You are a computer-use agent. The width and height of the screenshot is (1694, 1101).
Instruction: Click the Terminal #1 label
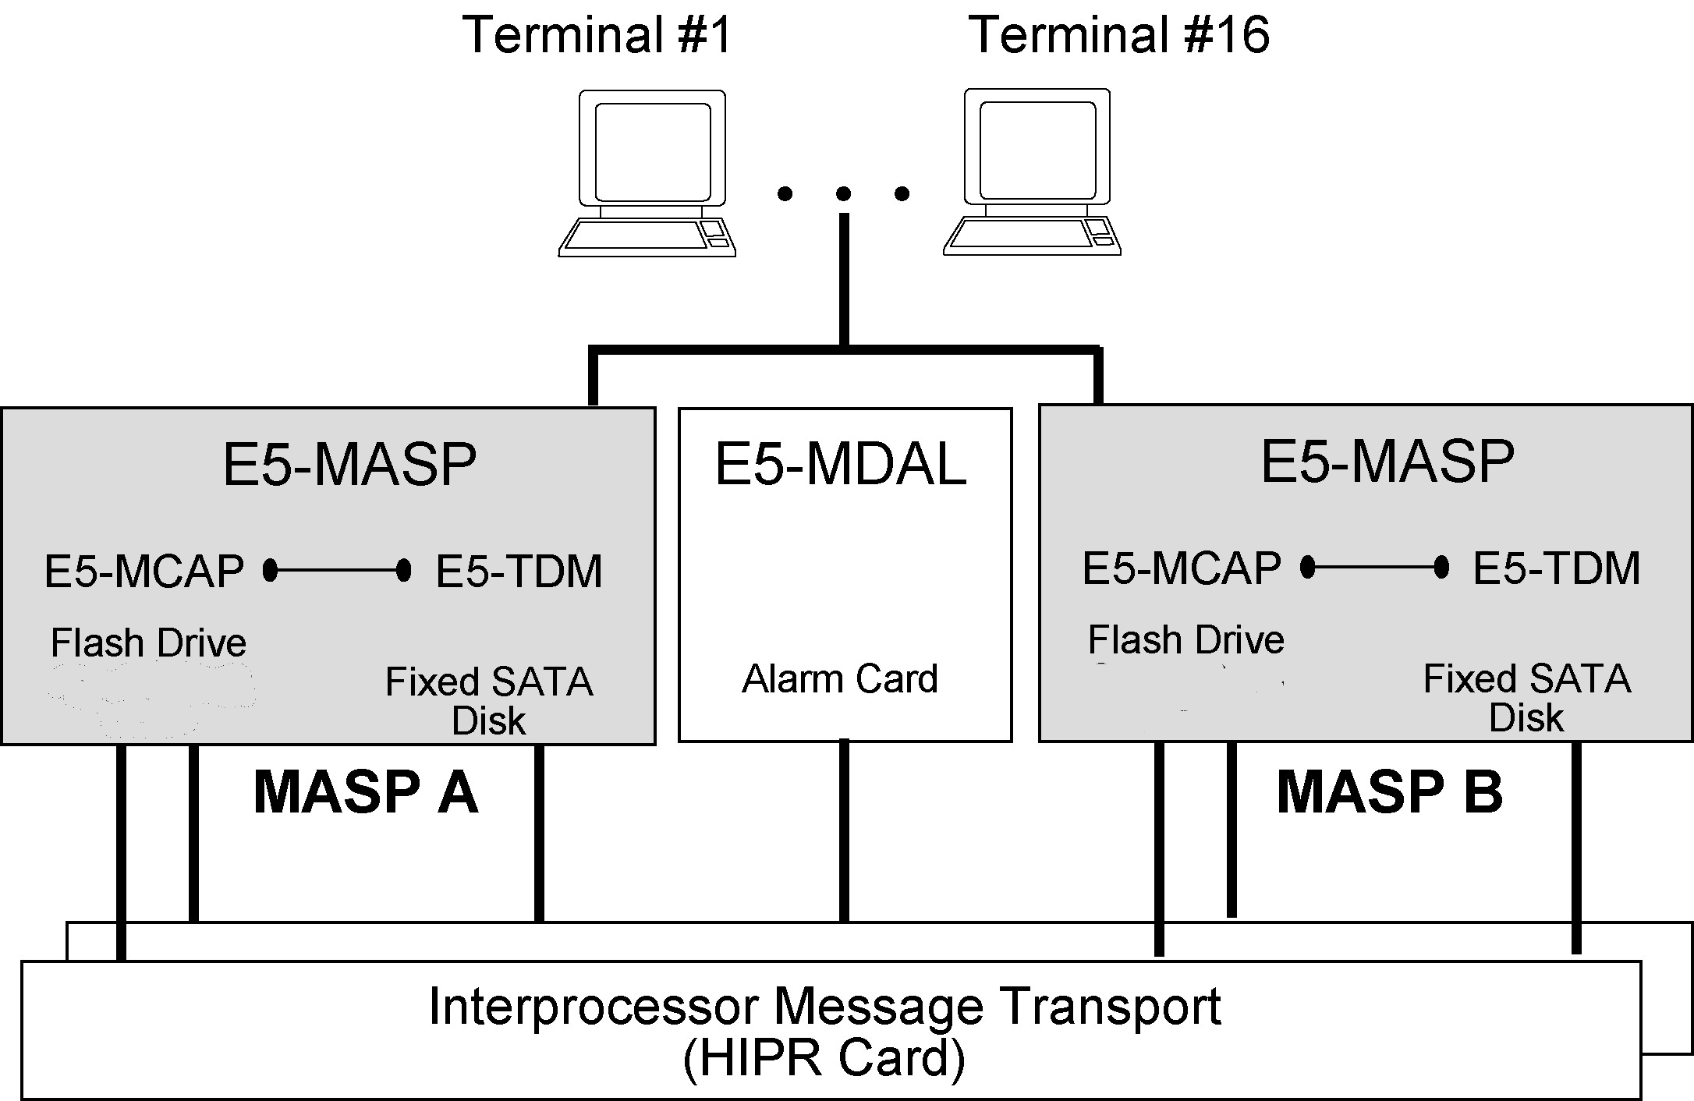pos(596,35)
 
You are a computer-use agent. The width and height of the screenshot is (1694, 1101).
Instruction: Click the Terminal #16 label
pos(1118,35)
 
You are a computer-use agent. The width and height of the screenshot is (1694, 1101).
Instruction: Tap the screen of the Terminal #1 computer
pos(653,151)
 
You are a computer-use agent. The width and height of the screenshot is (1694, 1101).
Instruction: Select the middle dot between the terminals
pos(843,193)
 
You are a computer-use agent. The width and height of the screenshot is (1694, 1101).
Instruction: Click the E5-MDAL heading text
pos(840,465)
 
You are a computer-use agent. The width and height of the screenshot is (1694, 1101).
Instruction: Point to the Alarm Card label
pos(839,678)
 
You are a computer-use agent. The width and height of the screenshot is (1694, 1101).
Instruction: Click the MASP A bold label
pos(365,793)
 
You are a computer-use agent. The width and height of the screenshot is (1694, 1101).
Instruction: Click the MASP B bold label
pos(1389,793)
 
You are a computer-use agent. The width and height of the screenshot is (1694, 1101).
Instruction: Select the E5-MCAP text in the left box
pos(144,571)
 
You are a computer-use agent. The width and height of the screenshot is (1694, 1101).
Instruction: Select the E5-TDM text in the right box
pos(1556,568)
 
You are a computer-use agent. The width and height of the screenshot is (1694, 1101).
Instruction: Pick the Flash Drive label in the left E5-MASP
pos(148,643)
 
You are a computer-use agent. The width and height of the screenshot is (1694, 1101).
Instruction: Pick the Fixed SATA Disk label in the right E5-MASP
pos(1526,697)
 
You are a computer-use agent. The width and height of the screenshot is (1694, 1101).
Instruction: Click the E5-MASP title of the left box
pos(349,465)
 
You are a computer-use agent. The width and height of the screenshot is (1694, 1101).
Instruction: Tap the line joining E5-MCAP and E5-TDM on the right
pos(1374,568)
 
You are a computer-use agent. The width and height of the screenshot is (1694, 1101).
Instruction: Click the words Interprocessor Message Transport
pos(824,1006)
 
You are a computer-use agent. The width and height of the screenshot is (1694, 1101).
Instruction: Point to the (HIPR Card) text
pos(824,1058)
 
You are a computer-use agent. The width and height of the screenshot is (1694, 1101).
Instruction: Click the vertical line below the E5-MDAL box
pos(844,830)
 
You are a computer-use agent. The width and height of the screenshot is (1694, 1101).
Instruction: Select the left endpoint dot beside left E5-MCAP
pos(271,571)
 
